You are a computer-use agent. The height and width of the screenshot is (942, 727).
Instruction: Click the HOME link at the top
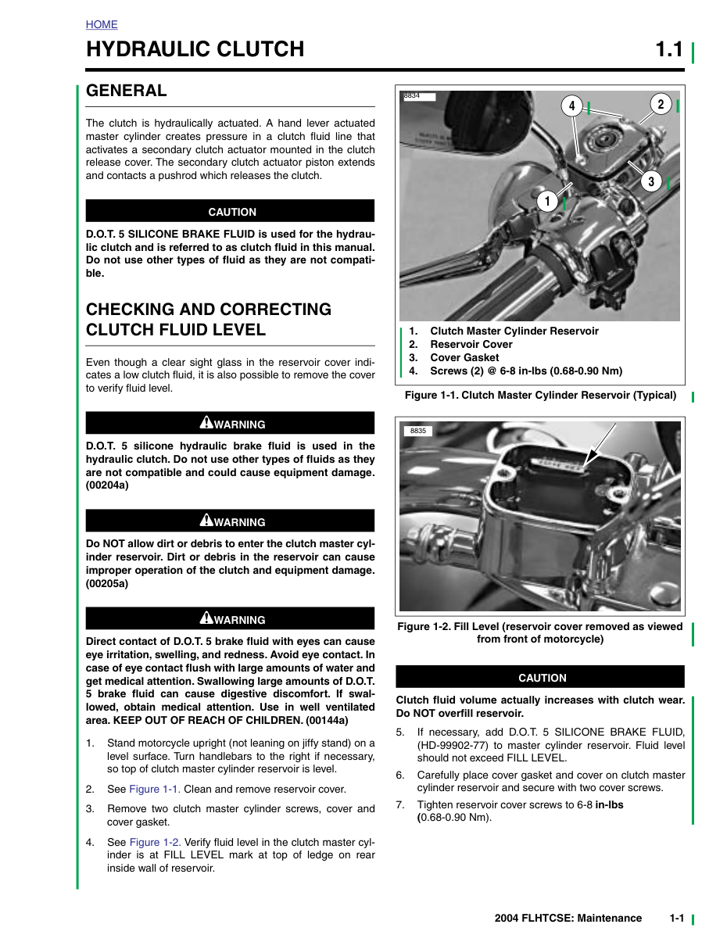102,24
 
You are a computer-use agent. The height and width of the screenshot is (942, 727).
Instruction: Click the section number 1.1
669,49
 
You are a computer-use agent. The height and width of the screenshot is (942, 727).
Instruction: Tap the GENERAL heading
126,91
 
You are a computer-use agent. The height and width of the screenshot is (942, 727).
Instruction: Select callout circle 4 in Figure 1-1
571,106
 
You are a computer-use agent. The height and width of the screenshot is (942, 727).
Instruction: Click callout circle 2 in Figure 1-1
661,105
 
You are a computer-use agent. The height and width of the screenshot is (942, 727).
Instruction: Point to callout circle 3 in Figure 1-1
650,181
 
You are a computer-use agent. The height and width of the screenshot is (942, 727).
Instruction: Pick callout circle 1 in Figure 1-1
547,201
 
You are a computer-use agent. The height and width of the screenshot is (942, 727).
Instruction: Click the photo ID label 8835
418,431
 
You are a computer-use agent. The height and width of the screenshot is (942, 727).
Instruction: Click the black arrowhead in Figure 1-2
590,457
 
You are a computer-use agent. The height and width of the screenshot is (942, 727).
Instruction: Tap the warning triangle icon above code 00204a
206,422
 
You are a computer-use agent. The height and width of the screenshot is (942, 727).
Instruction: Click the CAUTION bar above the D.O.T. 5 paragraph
230,211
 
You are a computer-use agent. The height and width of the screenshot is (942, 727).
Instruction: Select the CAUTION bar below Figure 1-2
540,677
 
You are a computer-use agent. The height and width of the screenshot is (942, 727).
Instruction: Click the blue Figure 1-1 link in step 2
155,789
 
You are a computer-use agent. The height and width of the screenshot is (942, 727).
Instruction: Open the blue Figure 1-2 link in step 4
156,842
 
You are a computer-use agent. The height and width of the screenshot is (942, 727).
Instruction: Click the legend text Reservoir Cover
471,344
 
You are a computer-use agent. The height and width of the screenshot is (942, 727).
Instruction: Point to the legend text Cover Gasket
464,357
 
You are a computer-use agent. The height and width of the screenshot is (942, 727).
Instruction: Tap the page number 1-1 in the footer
677,919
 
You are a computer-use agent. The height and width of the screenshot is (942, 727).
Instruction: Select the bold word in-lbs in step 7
609,805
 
